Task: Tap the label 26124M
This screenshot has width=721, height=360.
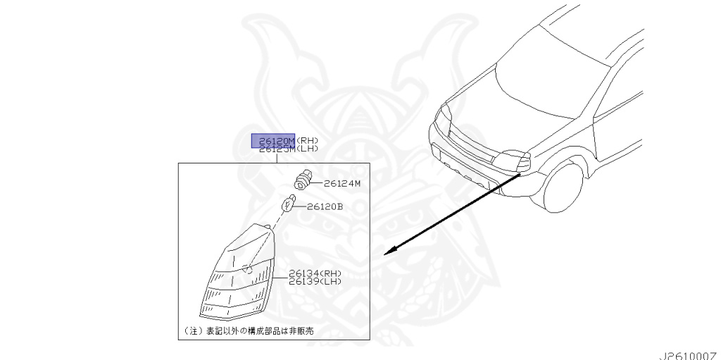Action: pyautogui.click(x=342, y=183)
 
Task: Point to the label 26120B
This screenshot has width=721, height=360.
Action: pyautogui.click(x=325, y=206)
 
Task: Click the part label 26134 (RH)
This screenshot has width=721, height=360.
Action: pyautogui.click(x=315, y=273)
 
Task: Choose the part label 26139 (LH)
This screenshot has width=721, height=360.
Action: pyautogui.click(x=315, y=282)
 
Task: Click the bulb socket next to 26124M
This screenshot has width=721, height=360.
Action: pyautogui.click(x=303, y=179)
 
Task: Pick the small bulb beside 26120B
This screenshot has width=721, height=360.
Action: pyautogui.click(x=286, y=206)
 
